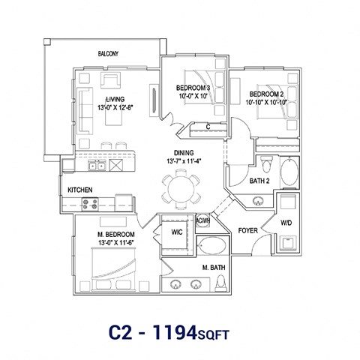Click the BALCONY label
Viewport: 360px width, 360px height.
pyautogui.click(x=109, y=54)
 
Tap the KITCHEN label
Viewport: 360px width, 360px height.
pyautogui.click(x=80, y=190)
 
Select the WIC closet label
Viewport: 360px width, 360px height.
pyautogui.click(x=177, y=232)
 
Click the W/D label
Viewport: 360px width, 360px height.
pyautogui.click(x=286, y=222)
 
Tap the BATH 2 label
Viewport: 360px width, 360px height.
pyautogui.click(x=260, y=181)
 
